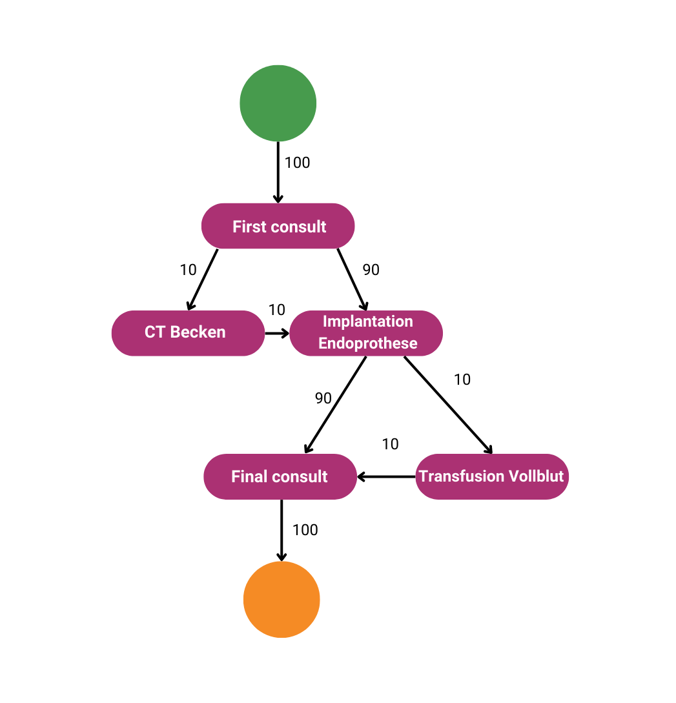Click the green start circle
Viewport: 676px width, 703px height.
[278, 103]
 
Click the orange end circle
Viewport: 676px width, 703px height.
[282, 600]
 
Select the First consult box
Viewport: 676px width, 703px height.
[278, 226]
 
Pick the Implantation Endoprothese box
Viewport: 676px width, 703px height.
[366, 333]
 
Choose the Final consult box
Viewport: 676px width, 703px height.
[280, 476]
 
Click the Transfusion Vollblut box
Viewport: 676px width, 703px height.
[491, 476]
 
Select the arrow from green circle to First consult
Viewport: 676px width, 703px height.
[278, 172]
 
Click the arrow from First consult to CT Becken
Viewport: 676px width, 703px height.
[203, 279]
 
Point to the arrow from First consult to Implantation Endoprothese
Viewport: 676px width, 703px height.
[352, 279]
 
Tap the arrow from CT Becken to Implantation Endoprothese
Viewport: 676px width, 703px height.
[277, 333]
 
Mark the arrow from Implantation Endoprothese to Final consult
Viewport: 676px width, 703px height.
[336, 404]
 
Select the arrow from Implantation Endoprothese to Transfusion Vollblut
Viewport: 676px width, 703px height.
[448, 405]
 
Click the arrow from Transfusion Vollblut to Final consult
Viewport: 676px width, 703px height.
[386, 476]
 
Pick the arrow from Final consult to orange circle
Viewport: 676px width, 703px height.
[282, 529]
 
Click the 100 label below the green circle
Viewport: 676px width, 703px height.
[298, 163]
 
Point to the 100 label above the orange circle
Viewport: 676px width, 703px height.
[305, 530]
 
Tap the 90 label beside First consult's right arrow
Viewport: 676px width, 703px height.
[371, 270]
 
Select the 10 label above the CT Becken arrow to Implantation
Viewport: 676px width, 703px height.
[277, 310]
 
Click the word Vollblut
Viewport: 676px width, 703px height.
[537, 476]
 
